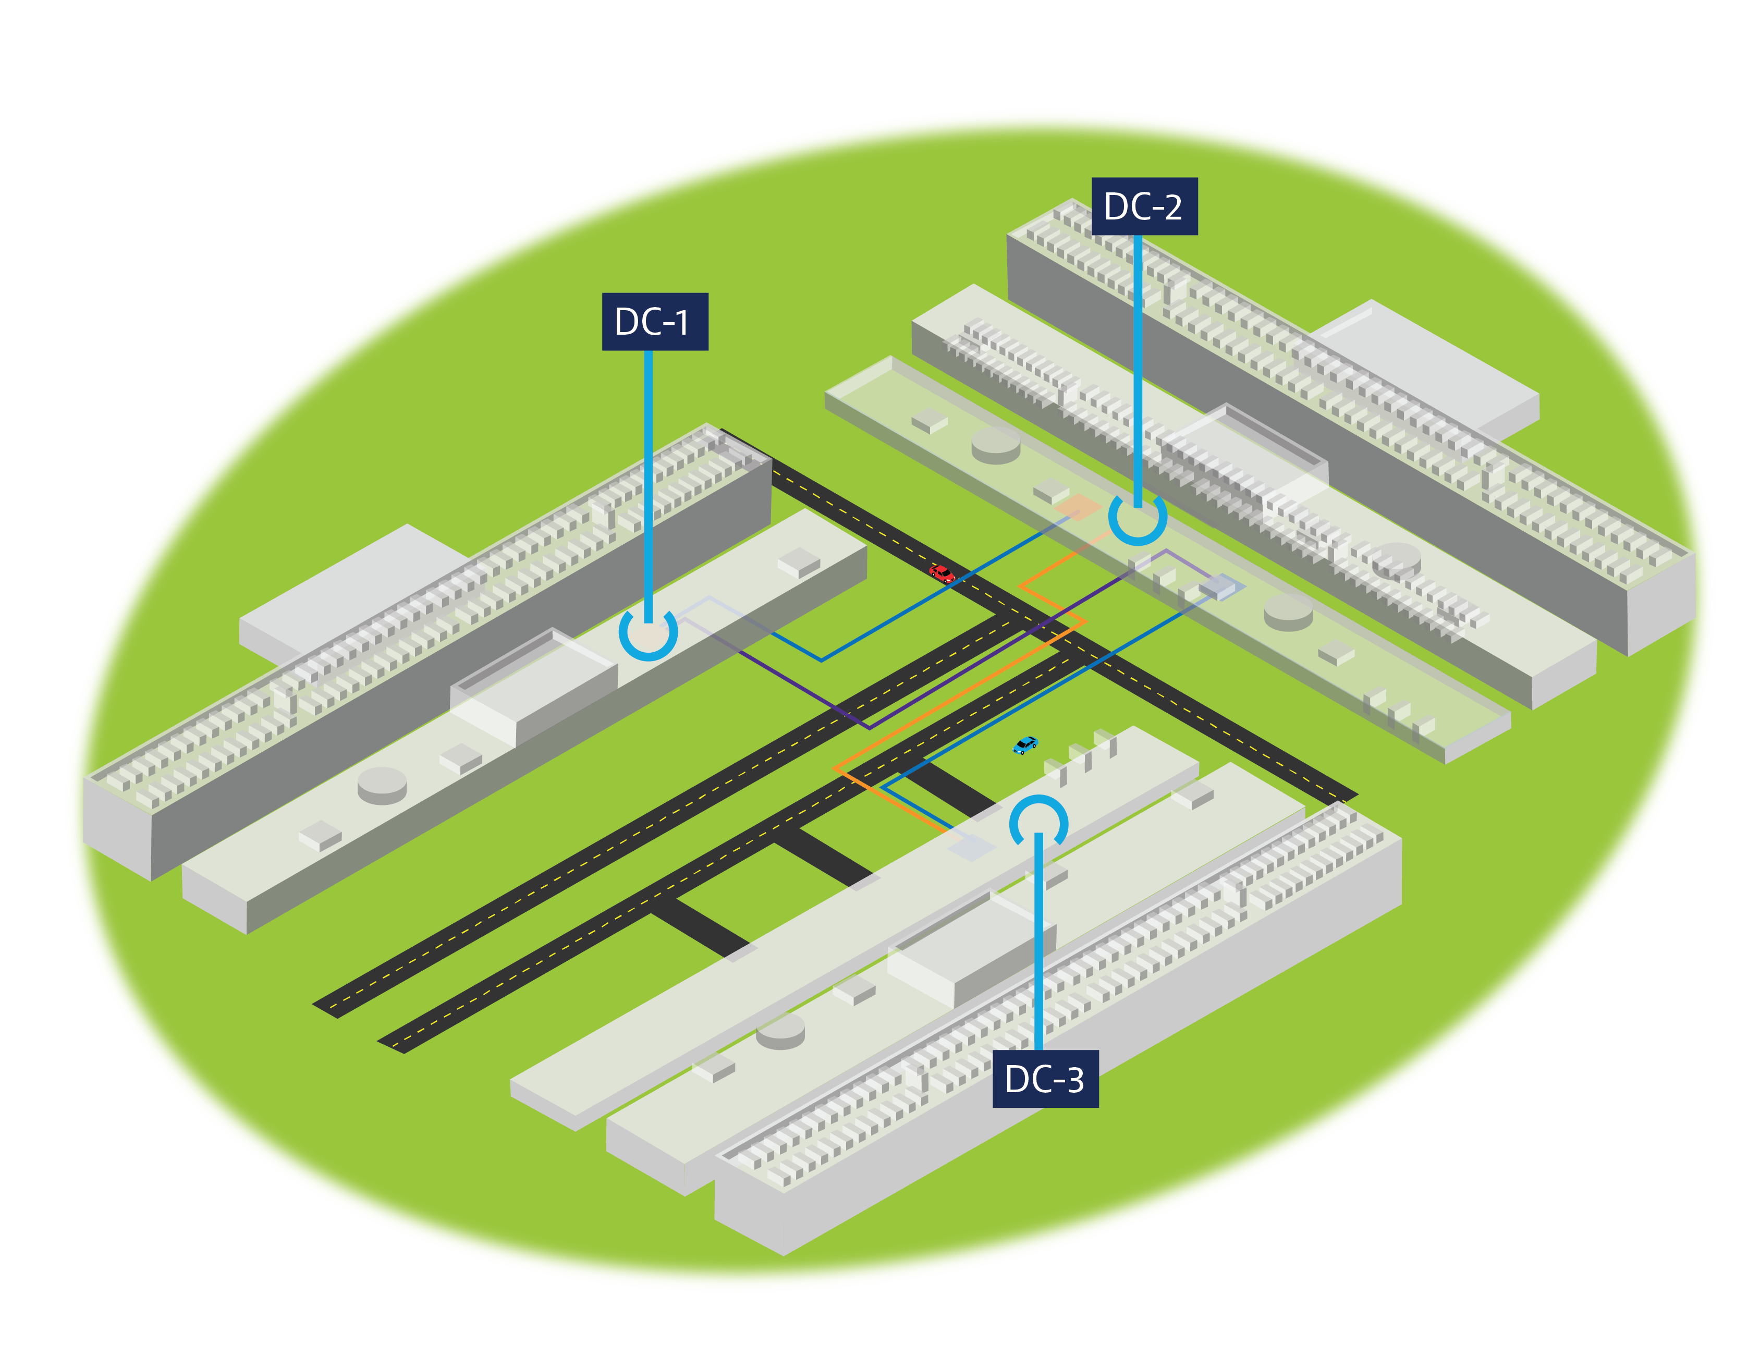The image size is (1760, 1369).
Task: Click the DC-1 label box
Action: point(654,322)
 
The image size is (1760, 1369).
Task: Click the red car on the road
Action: point(940,573)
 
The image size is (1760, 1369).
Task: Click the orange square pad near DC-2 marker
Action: point(1078,508)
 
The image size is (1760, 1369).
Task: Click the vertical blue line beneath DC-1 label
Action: point(648,483)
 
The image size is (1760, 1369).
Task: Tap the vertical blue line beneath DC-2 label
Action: point(1137,363)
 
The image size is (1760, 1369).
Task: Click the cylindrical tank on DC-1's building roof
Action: point(382,783)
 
